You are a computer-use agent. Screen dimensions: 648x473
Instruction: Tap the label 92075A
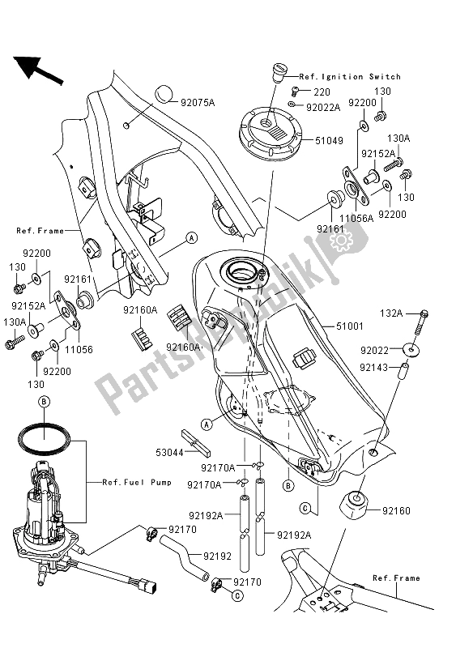pos(198,103)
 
